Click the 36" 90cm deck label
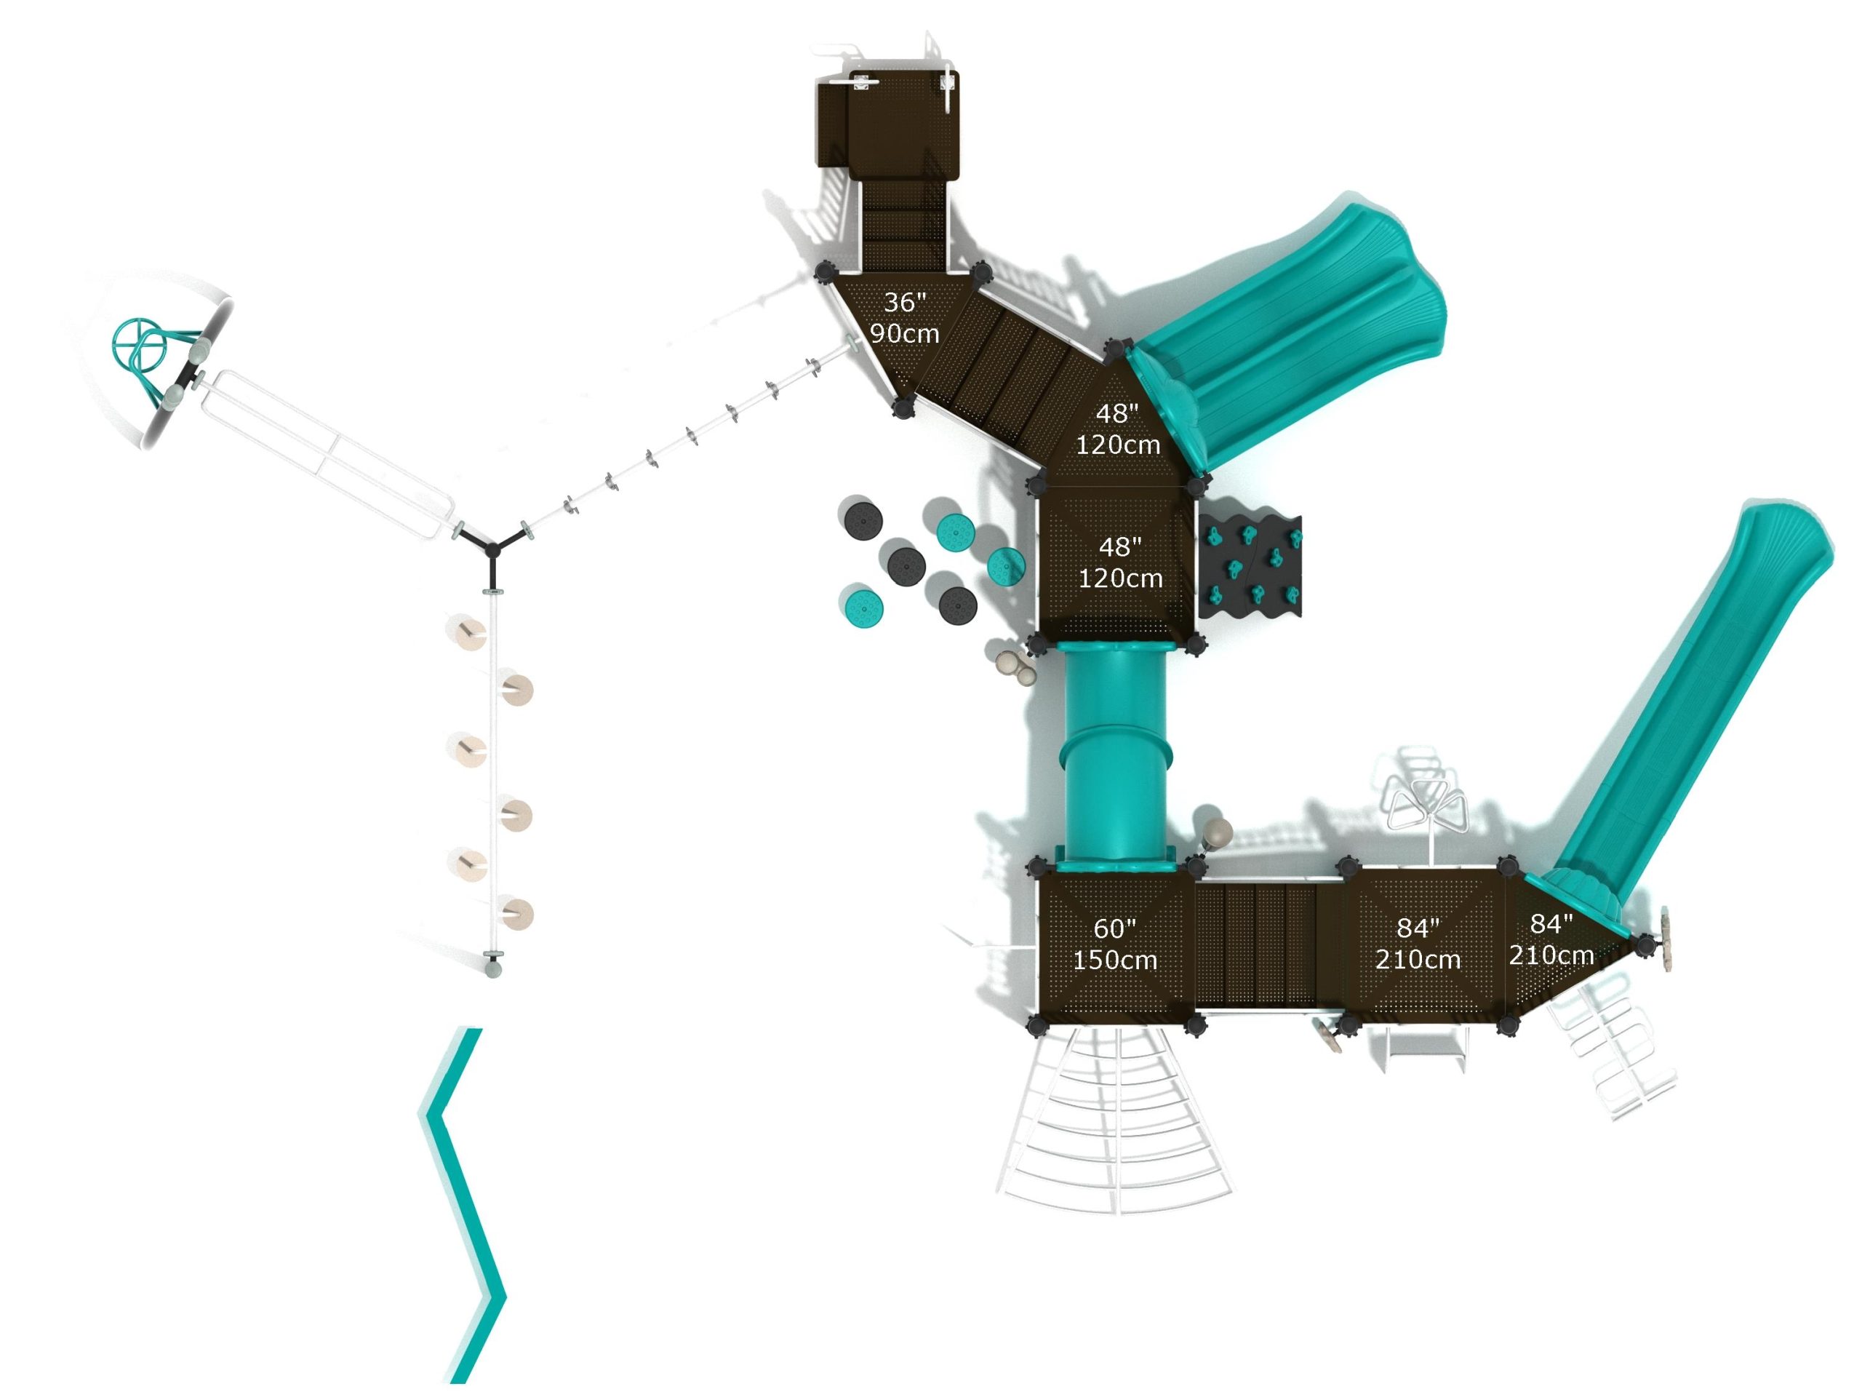tap(904, 318)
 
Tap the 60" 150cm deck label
tap(1114, 944)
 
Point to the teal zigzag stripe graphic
tap(464, 1204)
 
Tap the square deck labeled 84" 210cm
tap(1418, 944)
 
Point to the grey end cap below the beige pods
tap(493, 968)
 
